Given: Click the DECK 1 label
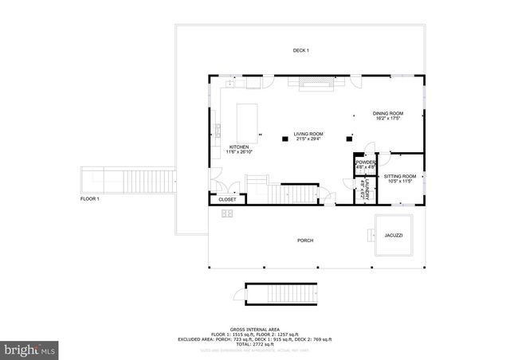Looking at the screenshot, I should coord(300,51).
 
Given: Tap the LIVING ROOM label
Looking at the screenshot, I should coord(308,134).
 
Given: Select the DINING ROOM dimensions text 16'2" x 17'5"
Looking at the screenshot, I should coord(388,119).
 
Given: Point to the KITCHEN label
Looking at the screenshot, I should coord(240,147).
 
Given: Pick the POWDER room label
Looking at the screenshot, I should coord(366,162).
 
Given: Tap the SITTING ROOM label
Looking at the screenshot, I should coord(399,176).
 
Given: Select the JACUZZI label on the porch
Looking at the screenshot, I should coord(393,236).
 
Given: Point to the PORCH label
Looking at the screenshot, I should coord(305,241).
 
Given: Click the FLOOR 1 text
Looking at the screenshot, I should coord(89,198).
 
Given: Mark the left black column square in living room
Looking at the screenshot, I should coord(284,139).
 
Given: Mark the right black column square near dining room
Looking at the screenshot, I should coord(348,139).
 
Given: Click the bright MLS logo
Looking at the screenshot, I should coord(31,349).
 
